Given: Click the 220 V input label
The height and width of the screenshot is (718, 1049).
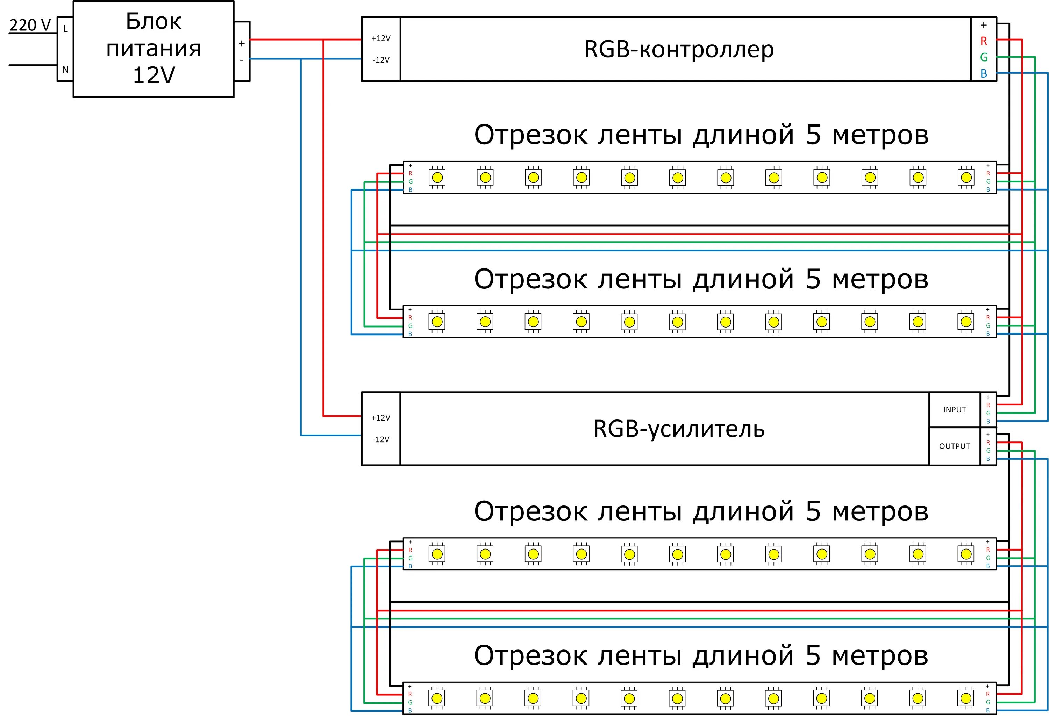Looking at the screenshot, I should pyautogui.click(x=30, y=25).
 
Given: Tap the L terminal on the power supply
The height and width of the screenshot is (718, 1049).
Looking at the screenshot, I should pyautogui.click(x=65, y=29).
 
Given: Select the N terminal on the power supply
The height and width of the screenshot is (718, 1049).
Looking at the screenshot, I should pyautogui.click(x=65, y=70).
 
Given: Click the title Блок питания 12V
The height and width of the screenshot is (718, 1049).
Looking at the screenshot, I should pyautogui.click(x=154, y=48).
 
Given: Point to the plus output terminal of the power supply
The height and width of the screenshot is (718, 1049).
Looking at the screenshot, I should pyautogui.click(x=242, y=43).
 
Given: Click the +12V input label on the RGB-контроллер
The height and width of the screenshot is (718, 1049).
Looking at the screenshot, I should pyautogui.click(x=380, y=38).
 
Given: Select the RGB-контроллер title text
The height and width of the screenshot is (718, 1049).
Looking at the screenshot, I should pyautogui.click(x=678, y=49).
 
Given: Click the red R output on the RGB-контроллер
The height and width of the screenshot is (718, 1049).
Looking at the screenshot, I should pyautogui.click(x=984, y=41).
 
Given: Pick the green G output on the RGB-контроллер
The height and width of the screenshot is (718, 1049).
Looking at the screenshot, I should pyautogui.click(x=984, y=57).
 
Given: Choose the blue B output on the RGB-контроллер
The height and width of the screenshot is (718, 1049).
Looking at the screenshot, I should pyautogui.click(x=984, y=73).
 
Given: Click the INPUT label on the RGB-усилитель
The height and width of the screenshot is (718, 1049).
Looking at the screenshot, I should pyautogui.click(x=954, y=410).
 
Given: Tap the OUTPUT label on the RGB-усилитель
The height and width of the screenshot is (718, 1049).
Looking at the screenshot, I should pyautogui.click(x=954, y=446).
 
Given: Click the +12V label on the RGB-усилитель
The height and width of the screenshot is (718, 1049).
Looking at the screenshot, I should pyautogui.click(x=380, y=418).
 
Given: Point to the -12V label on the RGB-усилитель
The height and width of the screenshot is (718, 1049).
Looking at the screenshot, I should pyautogui.click(x=380, y=439).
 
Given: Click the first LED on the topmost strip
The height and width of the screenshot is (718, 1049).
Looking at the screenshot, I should pyautogui.click(x=437, y=177).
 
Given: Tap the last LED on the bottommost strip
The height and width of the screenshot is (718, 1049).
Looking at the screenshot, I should pyautogui.click(x=966, y=698).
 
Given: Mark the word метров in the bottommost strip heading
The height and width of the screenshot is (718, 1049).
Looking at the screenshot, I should pyautogui.click(x=880, y=656).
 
